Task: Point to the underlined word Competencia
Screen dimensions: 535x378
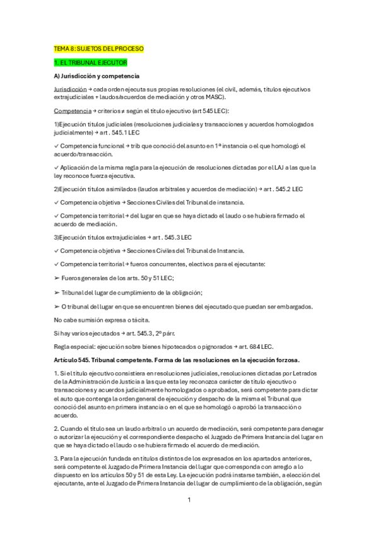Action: (70, 110)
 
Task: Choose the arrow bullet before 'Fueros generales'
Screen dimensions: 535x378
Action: (57, 278)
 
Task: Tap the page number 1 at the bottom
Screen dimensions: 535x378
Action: (189, 501)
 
